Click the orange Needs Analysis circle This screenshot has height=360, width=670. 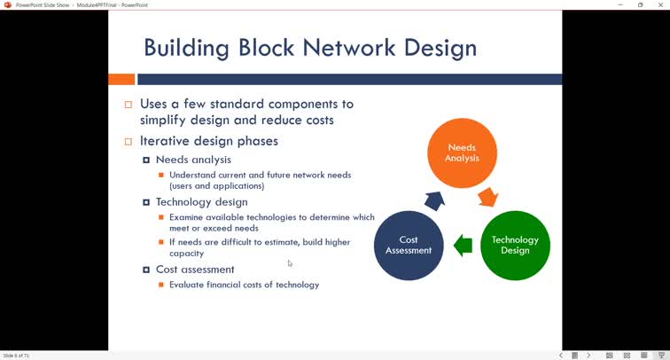pyautogui.click(x=462, y=153)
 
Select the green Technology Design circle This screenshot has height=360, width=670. pyautogui.click(x=515, y=245)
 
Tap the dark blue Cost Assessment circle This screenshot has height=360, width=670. pyautogui.click(x=409, y=245)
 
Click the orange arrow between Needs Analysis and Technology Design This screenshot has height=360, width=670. pyautogui.click(x=487, y=196)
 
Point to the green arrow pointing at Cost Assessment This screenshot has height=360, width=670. pyautogui.click(x=463, y=246)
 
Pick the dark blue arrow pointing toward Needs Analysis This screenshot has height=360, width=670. pyautogui.click(x=434, y=200)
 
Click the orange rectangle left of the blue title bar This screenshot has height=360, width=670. pyautogui.click(x=121, y=80)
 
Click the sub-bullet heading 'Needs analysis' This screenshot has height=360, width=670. pyautogui.click(x=193, y=160)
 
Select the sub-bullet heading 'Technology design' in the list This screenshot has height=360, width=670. pyautogui.click(x=201, y=202)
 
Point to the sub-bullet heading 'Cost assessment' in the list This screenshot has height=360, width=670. pyautogui.click(x=195, y=269)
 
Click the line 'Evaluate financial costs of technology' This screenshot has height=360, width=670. pyautogui.click(x=244, y=285)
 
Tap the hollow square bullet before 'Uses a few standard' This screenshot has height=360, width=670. pyautogui.click(x=129, y=105)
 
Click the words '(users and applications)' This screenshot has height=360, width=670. pyautogui.click(x=216, y=186)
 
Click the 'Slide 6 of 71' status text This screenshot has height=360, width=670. pyautogui.click(x=16, y=356)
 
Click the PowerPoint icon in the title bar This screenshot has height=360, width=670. pyautogui.click(x=7, y=4)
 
